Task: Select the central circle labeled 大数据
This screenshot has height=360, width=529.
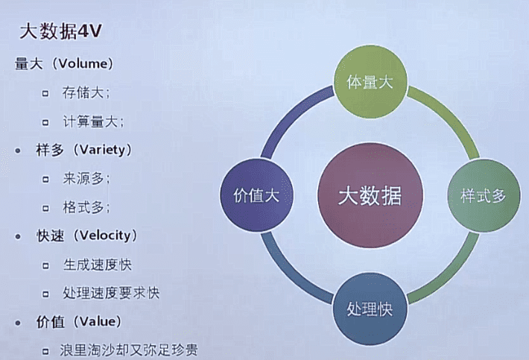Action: click(370, 196)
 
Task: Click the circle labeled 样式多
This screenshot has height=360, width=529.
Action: click(483, 196)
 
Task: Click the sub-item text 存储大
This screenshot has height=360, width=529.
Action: click(86, 93)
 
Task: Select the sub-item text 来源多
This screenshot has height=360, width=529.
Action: click(86, 179)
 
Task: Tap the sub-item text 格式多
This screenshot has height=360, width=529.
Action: click(86, 207)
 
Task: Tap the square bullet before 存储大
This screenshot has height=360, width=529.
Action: click(46, 94)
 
